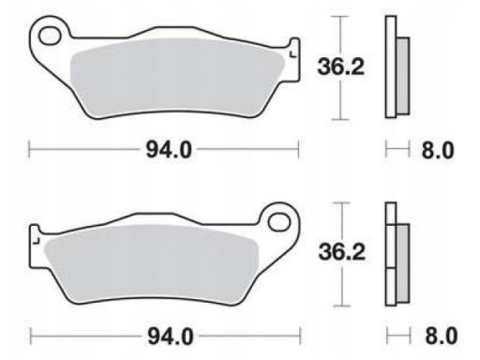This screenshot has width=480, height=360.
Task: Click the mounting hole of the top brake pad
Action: click(x=50, y=36)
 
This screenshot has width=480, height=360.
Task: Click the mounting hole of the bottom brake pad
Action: click(x=279, y=222)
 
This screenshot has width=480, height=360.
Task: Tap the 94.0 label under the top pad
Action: click(x=169, y=150)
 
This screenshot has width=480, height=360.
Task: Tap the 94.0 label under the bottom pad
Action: click(x=171, y=337)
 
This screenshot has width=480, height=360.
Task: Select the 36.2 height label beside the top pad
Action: click(x=341, y=67)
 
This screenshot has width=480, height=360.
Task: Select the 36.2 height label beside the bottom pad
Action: click(x=342, y=252)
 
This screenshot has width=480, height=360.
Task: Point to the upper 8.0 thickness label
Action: click(x=438, y=150)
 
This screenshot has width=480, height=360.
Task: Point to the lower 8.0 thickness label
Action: click(x=441, y=336)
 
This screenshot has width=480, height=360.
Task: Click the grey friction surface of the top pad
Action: click(x=177, y=78)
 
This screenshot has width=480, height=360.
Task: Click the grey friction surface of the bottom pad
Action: click(x=152, y=265)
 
